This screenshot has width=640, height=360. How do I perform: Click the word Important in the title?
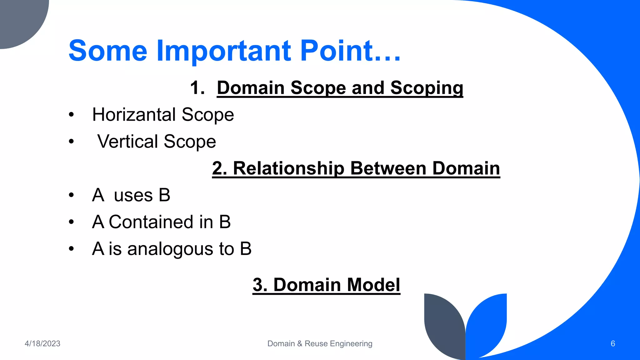[x=223, y=51]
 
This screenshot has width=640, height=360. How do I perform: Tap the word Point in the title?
[x=336, y=51]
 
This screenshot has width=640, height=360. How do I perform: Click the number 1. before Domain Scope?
[x=197, y=87]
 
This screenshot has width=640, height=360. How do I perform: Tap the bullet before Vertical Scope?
[x=72, y=142]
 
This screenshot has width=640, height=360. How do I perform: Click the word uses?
[x=133, y=195]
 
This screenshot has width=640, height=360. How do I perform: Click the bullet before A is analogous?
[x=72, y=249]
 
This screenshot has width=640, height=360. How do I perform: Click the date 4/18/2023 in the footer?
[x=42, y=343]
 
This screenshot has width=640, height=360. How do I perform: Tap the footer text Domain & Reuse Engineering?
[x=320, y=343]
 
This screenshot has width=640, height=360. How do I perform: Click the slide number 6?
[x=612, y=343]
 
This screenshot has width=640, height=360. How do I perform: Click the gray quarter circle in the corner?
[x=19, y=19]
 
